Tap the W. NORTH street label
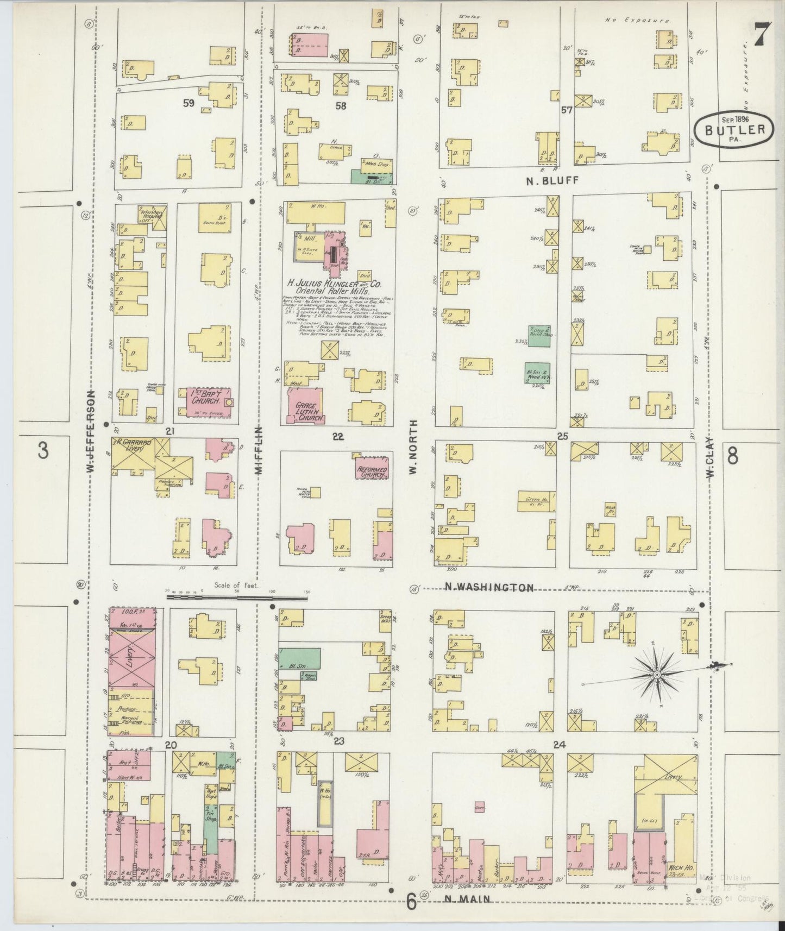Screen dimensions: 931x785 point(413,446)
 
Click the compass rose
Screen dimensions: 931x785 point(656,674)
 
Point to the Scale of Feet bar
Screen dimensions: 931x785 point(237,597)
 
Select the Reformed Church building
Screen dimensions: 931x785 point(373,471)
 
